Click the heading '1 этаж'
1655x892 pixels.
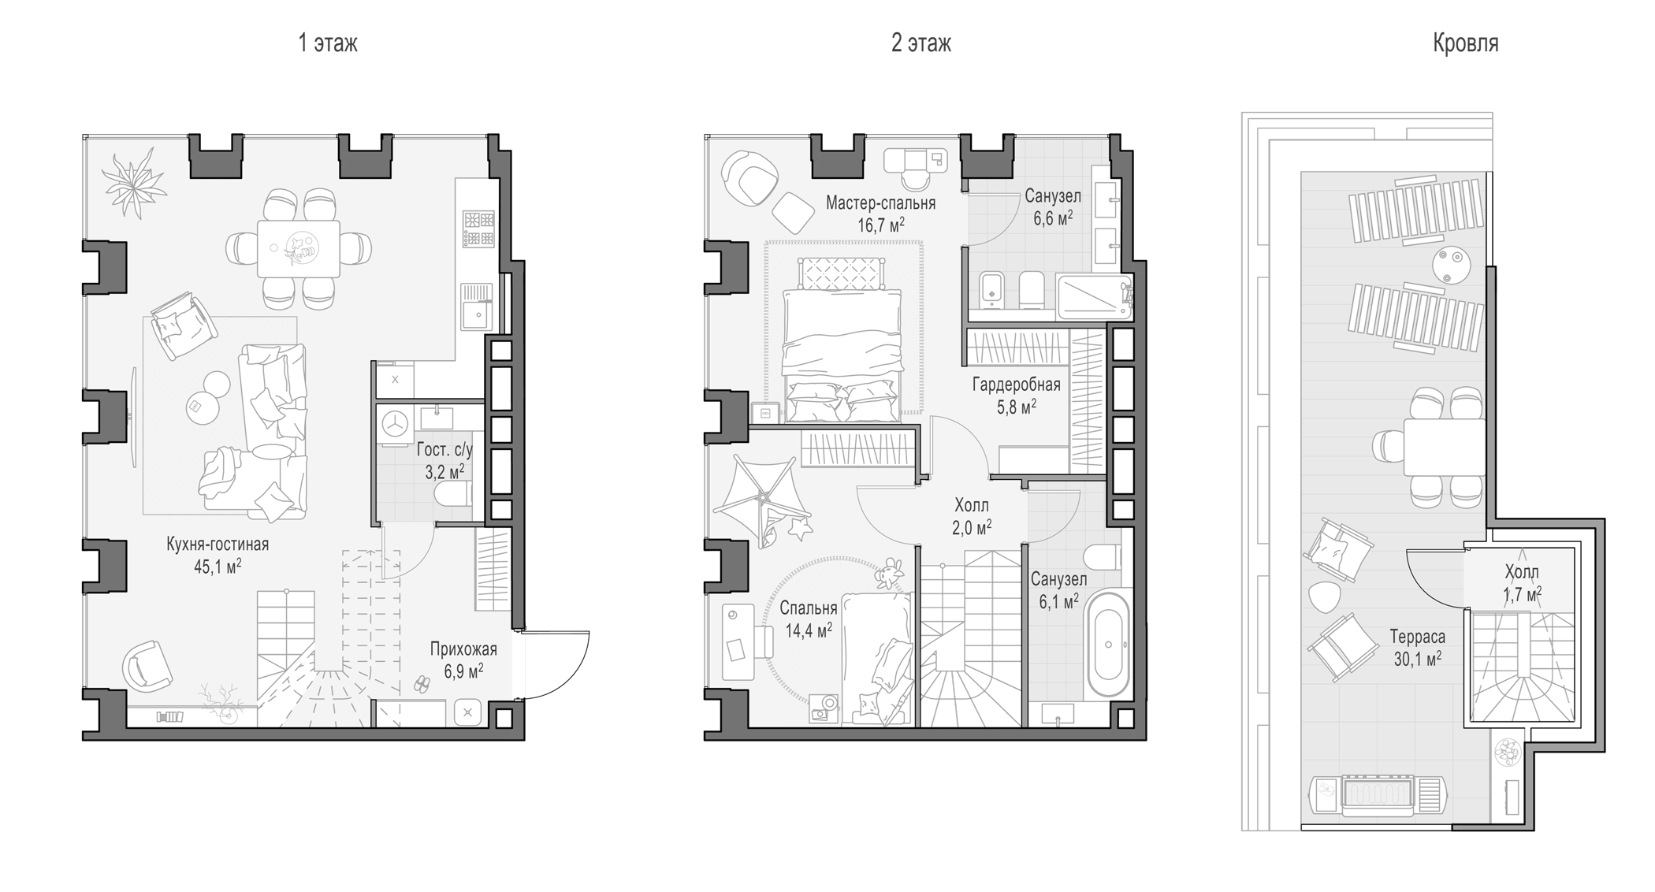327,43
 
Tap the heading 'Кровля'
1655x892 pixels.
1465,43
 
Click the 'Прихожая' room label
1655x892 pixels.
463,649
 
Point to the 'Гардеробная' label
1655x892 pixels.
1016,385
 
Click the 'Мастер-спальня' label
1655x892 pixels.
880,203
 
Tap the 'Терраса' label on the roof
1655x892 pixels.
1417,636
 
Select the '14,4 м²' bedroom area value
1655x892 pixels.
809,630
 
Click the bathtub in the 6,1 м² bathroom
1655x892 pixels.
1109,645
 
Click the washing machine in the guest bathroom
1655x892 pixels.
395,426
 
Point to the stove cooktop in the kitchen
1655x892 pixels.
478,229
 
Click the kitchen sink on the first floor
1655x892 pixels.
476,315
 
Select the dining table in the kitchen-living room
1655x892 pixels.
299,248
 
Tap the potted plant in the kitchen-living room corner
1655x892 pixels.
134,184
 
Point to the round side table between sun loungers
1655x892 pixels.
1452,265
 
